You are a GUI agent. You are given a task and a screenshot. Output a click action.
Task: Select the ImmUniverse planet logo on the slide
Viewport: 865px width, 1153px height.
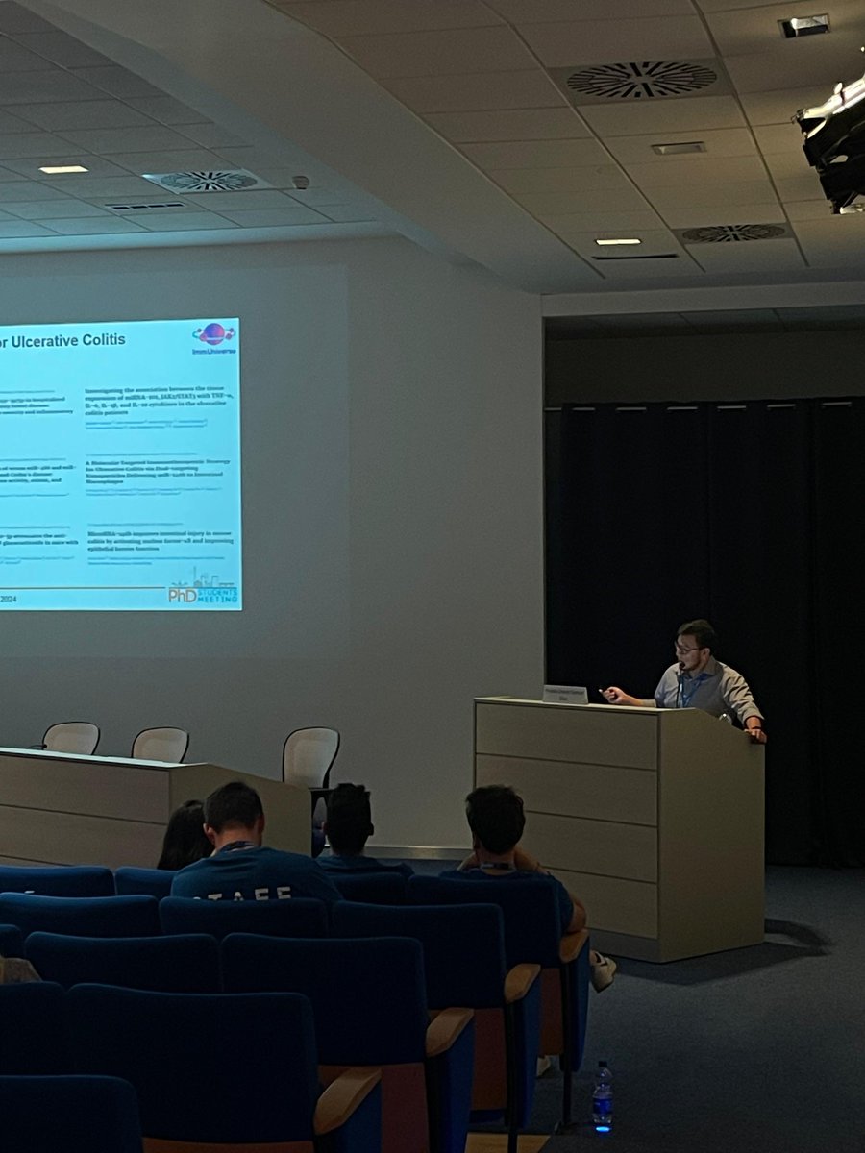tap(213, 334)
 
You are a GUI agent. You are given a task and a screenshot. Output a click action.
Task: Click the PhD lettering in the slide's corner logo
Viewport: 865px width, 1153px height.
tap(183, 595)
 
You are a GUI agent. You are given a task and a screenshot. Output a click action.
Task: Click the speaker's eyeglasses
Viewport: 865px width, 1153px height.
tap(687, 650)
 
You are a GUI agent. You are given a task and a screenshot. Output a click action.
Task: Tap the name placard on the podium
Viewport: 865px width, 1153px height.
tap(564, 694)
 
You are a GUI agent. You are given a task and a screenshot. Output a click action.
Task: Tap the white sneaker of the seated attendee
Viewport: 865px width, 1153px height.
tap(602, 970)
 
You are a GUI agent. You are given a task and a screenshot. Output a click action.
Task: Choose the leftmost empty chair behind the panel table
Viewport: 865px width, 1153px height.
tap(71, 737)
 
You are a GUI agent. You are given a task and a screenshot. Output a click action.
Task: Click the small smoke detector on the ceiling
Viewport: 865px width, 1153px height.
tap(301, 182)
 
